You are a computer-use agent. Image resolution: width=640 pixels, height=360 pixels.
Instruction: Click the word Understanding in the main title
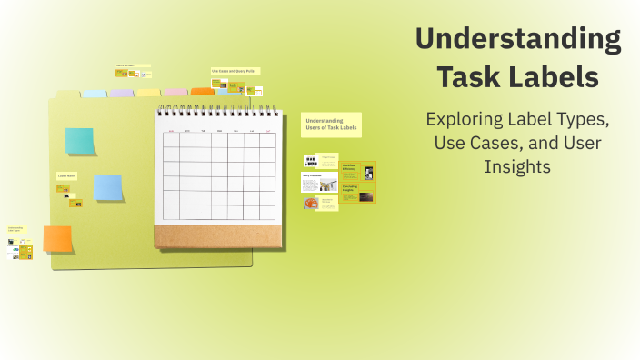point(518,39)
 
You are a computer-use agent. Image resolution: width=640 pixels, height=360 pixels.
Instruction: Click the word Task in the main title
point(471,77)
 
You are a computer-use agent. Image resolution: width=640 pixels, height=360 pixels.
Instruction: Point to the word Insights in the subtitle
point(518,167)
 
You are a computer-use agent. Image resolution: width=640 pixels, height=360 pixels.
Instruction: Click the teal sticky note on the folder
point(79,141)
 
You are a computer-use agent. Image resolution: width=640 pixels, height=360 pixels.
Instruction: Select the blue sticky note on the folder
point(108,187)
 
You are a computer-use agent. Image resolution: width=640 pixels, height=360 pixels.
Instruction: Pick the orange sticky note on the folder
point(57,238)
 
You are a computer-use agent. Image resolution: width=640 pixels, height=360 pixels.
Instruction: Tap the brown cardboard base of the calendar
point(217,236)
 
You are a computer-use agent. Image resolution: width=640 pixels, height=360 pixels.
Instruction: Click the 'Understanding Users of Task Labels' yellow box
point(331,125)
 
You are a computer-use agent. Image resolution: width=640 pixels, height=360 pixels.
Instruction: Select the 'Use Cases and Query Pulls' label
point(235,71)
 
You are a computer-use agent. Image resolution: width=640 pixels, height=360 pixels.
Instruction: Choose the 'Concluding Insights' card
point(350,192)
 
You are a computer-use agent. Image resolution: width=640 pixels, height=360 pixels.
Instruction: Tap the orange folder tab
point(202,92)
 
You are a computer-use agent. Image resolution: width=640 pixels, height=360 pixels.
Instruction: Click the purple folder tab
point(121,93)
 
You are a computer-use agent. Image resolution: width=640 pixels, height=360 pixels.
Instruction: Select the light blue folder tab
point(95,94)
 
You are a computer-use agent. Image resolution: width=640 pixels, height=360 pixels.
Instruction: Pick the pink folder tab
point(175,92)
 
